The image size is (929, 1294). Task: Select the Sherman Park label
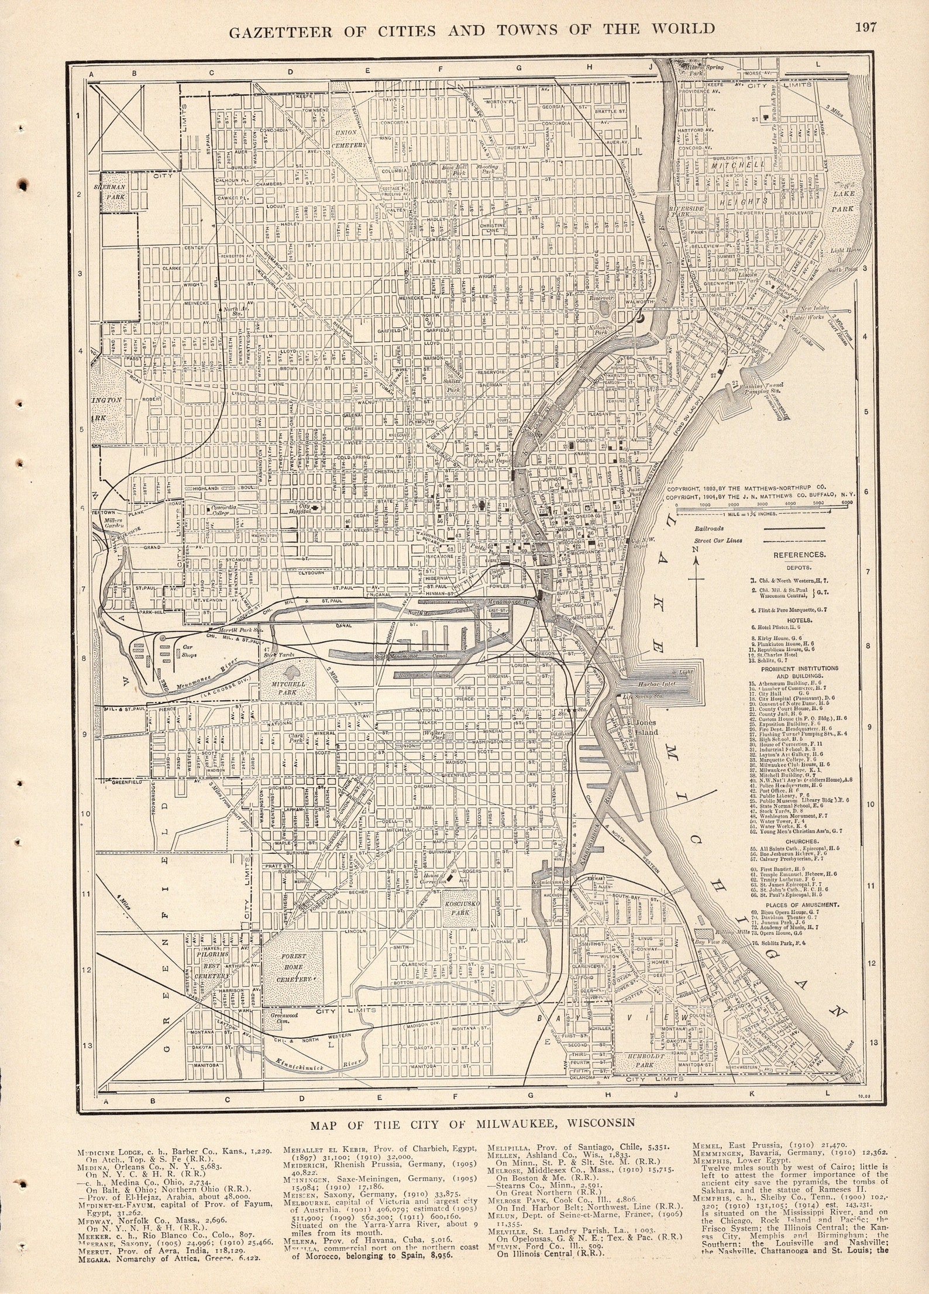point(116,193)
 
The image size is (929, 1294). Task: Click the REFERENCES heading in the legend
point(799,555)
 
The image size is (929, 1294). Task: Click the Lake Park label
point(844,200)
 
